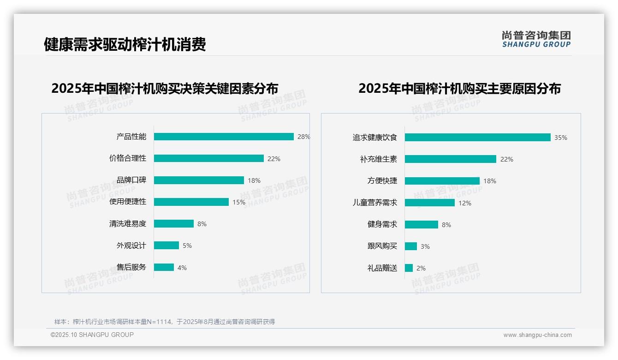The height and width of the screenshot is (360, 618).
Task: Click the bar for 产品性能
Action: click(x=224, y=137)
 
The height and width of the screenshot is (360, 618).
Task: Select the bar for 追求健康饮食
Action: click(x=477, y=138)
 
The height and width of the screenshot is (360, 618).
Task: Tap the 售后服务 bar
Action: click(x=164, y=267)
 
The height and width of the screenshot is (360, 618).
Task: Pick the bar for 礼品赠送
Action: click(x=409, y=268)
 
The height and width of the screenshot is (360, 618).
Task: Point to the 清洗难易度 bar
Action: click(x=173, y=224)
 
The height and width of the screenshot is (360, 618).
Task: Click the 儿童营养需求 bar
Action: click(x=429, y=203)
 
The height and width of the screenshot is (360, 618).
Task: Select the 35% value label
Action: click(x=561, y=138)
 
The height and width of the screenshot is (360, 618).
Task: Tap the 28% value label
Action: click(x=303, y=137)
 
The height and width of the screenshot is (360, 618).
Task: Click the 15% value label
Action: click(x=239, y=202)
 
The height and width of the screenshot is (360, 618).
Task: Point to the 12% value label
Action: click(x=465, y=203)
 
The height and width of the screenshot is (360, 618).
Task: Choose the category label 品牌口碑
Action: click(x=131, y=180)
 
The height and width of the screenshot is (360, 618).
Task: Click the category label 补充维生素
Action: click(x=378, y=159)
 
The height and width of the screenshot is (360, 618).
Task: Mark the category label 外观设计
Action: click(x=131, y=246)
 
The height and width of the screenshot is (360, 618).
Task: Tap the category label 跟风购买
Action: click(x=382, y=246)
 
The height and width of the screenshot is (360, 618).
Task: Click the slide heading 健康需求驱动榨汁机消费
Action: click(x=125, y=44)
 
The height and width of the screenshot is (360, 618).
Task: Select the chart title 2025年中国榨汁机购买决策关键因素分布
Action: click(x=165, y=89)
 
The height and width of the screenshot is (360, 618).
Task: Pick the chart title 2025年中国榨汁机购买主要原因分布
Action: click(x=459, y=89)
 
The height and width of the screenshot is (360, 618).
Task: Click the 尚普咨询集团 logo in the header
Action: click(x=536, y=39)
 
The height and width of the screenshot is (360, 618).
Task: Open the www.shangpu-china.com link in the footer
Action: click(x=537, y=335)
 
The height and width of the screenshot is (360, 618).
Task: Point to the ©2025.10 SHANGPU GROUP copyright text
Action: click(x=92, y=335)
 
